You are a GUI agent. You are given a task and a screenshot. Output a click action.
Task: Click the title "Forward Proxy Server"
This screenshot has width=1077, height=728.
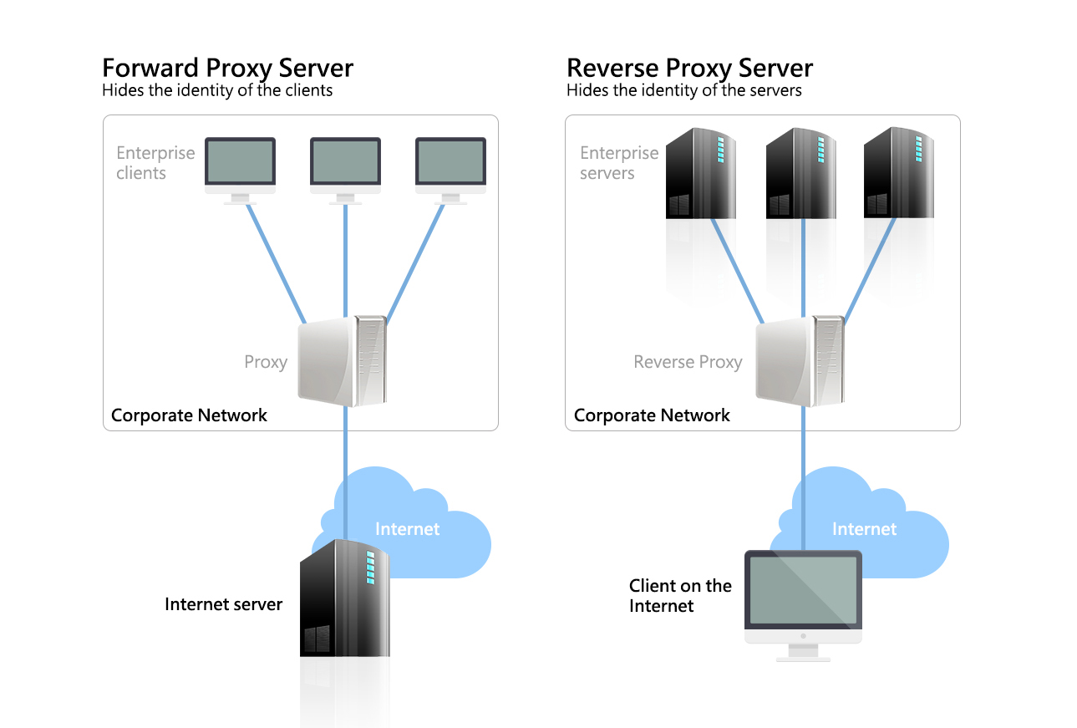[227, 68]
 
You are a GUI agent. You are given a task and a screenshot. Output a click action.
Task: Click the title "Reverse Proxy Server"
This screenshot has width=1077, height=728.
[689, 68]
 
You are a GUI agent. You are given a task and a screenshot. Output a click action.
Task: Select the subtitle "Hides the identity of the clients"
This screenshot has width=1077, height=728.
[217, 90]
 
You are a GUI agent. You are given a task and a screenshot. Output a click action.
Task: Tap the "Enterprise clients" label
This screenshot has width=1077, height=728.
[155, 163]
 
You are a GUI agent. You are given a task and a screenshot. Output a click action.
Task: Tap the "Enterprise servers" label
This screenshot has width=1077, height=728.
[619, 163]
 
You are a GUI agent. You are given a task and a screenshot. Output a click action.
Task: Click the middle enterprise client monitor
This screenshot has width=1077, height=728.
[345, 163]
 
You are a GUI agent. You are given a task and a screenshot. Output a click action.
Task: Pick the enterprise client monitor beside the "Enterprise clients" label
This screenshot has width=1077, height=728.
[240, 163]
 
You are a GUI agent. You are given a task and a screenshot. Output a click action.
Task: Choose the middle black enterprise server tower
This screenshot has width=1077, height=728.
[801, 173]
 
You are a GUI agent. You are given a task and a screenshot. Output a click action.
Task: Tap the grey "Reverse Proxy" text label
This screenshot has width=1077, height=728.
[688, 362]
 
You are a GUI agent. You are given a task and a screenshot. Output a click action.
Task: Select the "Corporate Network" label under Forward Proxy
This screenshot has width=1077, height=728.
[189, 415]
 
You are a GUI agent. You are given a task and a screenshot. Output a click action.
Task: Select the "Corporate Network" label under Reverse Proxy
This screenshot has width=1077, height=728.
[652, 415]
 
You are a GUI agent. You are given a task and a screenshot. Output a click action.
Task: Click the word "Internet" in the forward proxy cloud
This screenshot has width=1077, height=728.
[407, 528]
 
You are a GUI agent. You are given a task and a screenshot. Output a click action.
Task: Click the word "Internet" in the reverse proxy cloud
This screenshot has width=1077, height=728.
[864, 528]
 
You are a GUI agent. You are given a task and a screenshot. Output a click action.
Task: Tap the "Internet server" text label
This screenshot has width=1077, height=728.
[223, 604]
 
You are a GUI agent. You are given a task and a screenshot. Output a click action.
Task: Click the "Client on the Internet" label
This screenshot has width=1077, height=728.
[680, 595]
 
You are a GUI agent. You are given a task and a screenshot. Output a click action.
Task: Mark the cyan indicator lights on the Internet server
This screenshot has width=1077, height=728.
[370, 566]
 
